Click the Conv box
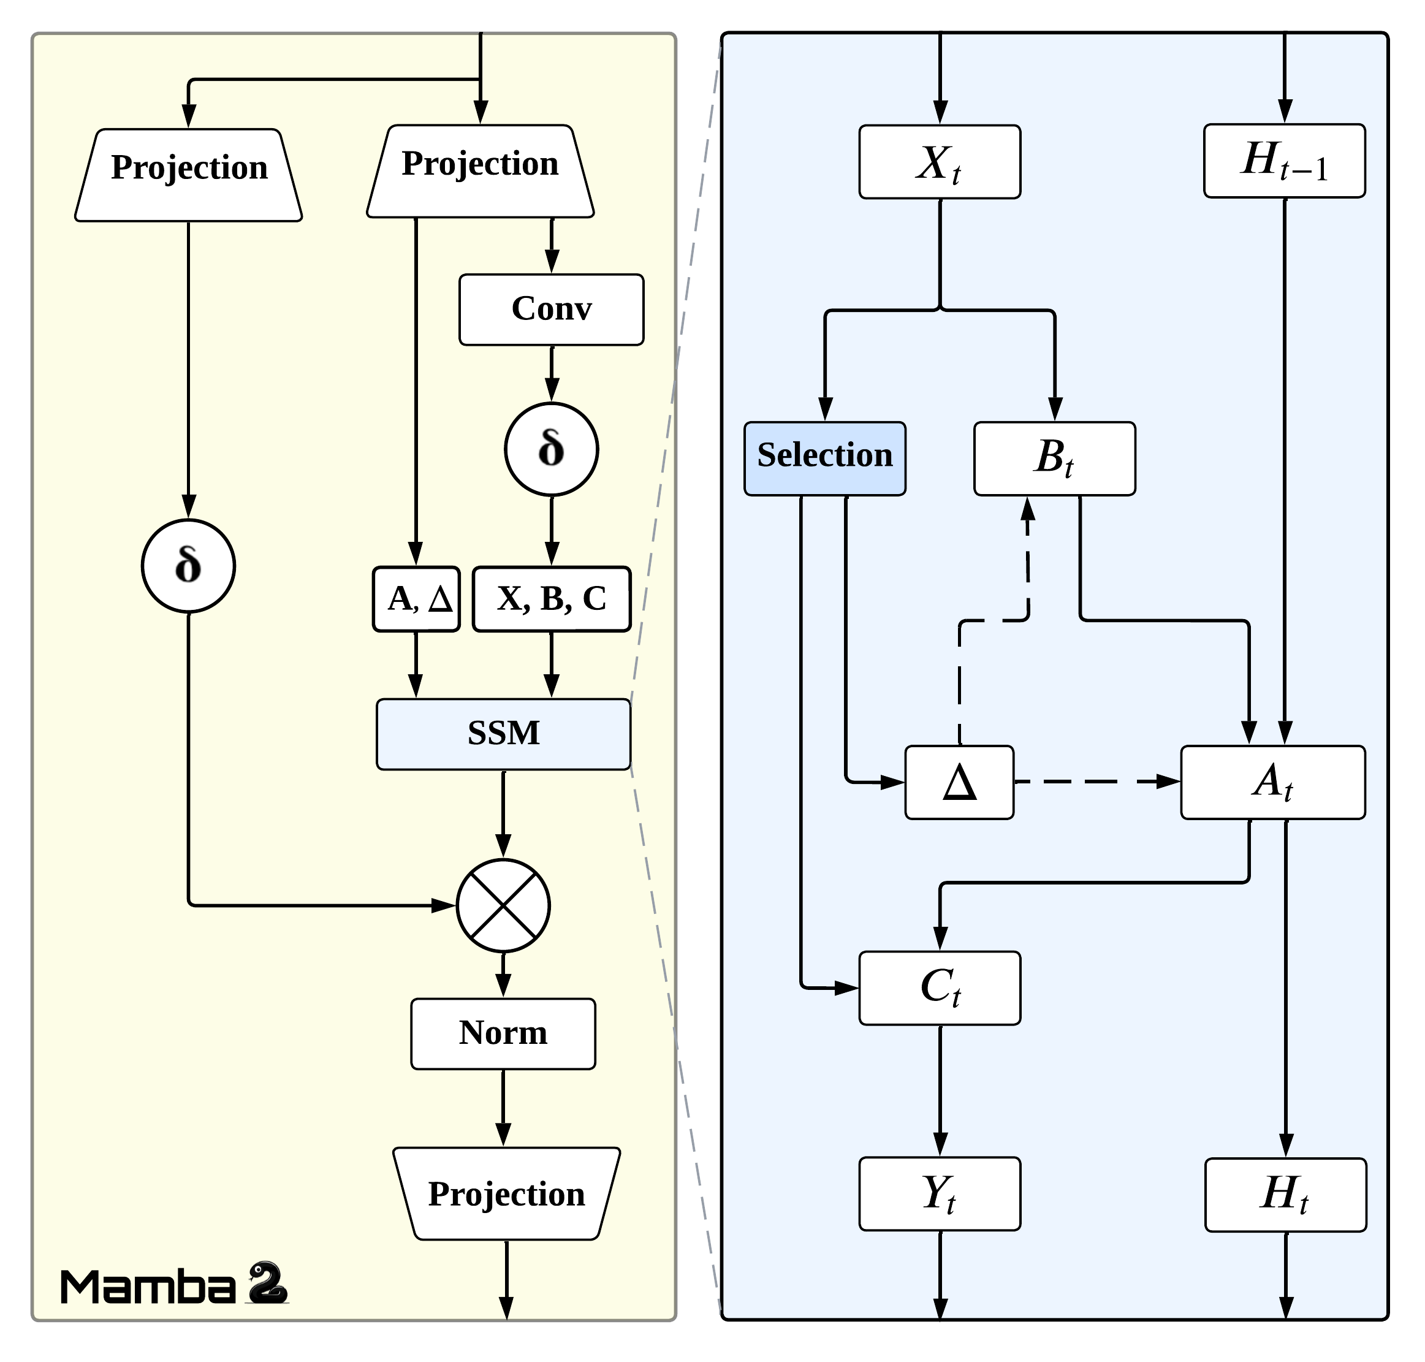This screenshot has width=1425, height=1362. [551, 310]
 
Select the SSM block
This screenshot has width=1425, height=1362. [503, 733]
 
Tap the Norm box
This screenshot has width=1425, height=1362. [503, 1033]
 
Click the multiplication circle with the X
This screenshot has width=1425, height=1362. [503, 905]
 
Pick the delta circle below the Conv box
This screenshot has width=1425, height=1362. [551, 449]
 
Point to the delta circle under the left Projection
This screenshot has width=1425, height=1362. [188, 566]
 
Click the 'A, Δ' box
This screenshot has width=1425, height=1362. [416, 599]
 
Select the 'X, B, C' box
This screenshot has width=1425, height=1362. [551, 599]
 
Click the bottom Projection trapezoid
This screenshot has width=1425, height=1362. [506, 1194]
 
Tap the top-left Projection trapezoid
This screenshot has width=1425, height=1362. [188, 174]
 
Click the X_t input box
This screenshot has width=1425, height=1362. [940, 162]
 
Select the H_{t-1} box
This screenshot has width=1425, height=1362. [1284, 161]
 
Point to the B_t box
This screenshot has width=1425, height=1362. [1054, 458]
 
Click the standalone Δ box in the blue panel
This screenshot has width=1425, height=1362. [959, 782]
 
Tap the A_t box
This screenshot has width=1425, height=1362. [1272, 782]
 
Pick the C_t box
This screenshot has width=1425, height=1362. [940, 987]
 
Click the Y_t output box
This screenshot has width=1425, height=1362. [940, 1193]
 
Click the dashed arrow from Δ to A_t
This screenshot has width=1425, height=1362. [1096, 782]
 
